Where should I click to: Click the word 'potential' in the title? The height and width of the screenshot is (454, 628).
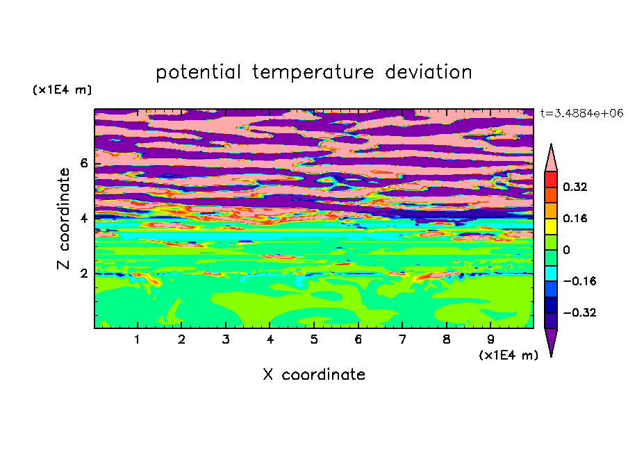pyautogui.click(x=198, y=73)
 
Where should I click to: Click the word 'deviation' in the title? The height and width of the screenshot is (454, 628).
pyautogui.click(x=429, y=72)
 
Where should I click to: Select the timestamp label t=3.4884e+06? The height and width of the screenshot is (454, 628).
pyautogui.click(x=581, y=113)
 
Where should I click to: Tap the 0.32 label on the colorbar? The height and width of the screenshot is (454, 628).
pyautogui.click(x=575, y=187)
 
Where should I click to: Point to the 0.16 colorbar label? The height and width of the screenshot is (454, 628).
pyautogui.click(x=575, y=218)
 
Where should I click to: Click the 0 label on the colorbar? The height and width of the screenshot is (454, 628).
pyautogui.click(x=566, y=250)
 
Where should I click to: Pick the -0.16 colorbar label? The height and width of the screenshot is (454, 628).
pyautogui.click(x=579, y=281)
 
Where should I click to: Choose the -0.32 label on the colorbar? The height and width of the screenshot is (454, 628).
pyautogui.click(x=579, y=312)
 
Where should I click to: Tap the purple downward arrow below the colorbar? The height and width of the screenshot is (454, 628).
pyautogui.click(x=551, y=340)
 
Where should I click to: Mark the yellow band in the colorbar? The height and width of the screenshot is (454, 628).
pyautogui.click(x=551, y=226)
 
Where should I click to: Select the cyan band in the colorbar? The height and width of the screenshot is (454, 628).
pyautogui.click(x=551, y=274)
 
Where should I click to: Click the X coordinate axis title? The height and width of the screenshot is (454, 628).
pyautogui.click(x=314, y=374)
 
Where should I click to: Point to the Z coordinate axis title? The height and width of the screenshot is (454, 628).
pyautogui.click(x=63, y=219)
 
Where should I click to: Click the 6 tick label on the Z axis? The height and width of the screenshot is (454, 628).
pyautogui.click(x=83, y=163)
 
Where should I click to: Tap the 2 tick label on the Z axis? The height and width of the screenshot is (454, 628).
pyautogui.click(x=83, y=274)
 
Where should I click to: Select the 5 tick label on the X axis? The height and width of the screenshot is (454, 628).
pyautogui.click(x=314, y=339)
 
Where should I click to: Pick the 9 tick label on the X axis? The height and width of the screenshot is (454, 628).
pyautogui.click(x=490, y=339)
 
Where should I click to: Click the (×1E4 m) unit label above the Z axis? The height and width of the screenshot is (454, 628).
pyautogui.click(x=62, y=90)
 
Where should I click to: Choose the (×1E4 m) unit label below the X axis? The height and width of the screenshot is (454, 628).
pyautogui.click(x=509, y=355)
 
